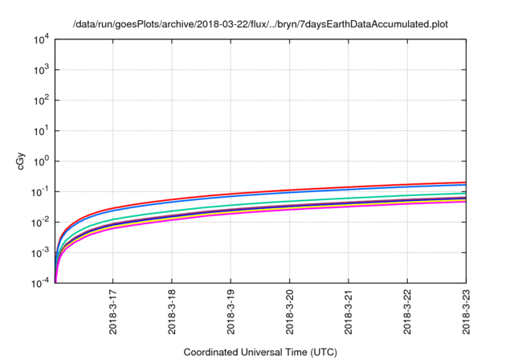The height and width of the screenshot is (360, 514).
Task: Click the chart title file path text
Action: [259, 24]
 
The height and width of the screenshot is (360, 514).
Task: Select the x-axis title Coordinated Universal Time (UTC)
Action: [259, 352]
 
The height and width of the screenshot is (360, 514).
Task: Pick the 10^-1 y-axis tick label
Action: [42, 191]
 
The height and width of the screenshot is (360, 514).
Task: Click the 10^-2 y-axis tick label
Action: [42, 222]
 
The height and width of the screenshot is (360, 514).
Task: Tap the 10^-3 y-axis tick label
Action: [42, 252]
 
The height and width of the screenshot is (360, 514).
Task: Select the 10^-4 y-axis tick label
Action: [42, 283]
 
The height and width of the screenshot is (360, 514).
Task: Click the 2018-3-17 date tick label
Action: [113, 312]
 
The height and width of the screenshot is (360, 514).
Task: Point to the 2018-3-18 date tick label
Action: [172, 312]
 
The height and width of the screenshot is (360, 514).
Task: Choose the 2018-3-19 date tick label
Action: [231, 312]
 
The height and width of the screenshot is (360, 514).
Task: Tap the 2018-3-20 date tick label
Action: [290, 312]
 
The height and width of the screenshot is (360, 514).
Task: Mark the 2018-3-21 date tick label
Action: [349, 312]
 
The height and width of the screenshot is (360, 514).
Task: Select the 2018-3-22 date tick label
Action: [408, 312]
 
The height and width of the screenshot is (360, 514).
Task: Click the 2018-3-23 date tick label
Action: [467, 312]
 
